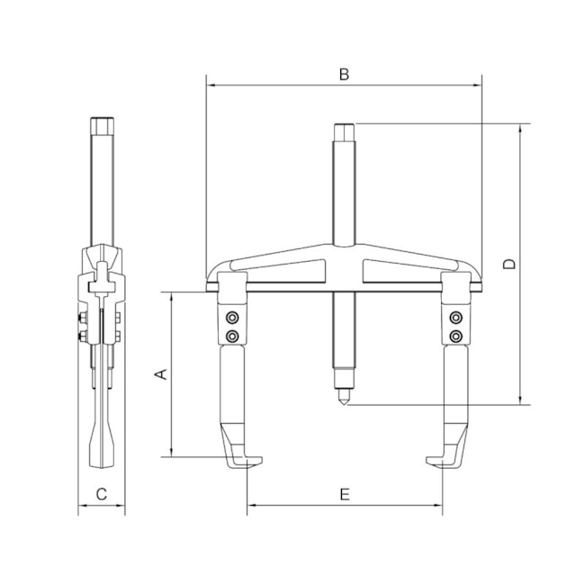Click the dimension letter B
pos(344,75)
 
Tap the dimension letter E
pos(344,494)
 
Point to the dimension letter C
pos(102,494)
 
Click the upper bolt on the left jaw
pos(232,317)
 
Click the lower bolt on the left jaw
pos(232,336)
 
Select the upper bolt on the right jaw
pos(456,317)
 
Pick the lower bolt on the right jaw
pos(456,336)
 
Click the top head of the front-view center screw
pos(344,130)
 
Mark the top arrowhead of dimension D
pos(520,129)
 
